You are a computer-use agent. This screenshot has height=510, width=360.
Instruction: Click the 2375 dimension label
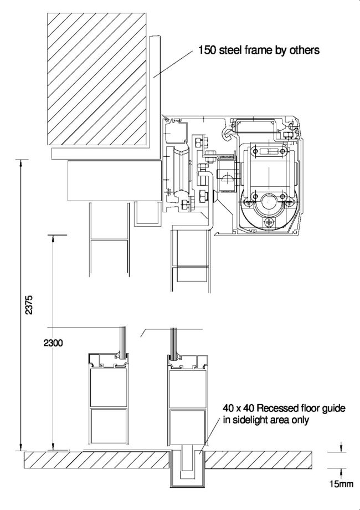[29, 304]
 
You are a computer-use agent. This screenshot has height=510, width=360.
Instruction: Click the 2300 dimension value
[53, 343]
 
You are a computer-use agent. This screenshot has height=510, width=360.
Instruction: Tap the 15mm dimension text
[341, 484]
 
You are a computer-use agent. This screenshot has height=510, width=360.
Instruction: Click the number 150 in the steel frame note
[207, 50]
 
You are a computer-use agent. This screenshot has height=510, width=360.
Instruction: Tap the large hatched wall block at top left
[96, 79]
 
